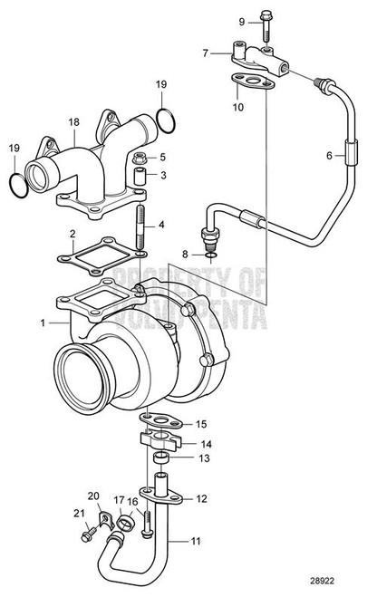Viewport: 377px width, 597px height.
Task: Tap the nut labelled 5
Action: pos(140,159)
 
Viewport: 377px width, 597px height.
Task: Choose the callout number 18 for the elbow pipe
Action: pos(73,121)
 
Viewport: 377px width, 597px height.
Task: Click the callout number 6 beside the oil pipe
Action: pos(330,155)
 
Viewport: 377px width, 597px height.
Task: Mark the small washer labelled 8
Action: pos(210,256)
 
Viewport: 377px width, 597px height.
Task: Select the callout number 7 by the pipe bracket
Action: pos(207,53)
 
